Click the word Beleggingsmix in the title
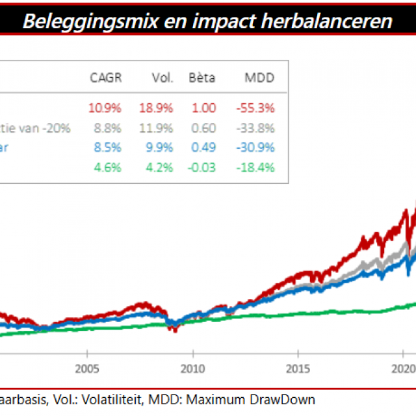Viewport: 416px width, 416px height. [x=76, y=21]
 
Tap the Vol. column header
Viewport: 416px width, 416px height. [x=162, y=78]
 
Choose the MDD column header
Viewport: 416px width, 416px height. [x=259, y=78]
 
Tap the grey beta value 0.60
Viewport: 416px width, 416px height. [x=203, y=128]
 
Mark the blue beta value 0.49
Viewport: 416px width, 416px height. [x=203, y=148]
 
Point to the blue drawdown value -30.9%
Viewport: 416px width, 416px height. [x=256, y=148]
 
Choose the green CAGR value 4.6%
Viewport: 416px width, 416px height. [x=108, y=168]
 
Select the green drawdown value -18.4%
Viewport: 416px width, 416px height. [x=256, y=168]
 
